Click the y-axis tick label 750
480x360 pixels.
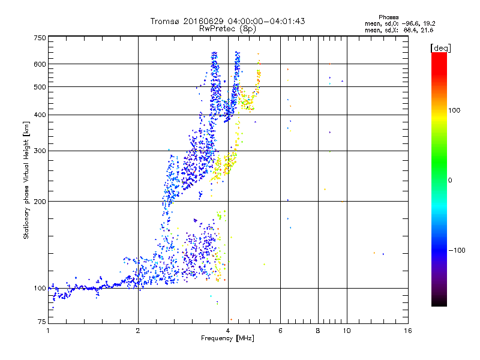(40, 38)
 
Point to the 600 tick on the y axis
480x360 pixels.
(40, 64)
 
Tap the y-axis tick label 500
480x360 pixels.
(40, 87)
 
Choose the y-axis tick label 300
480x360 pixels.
(40, 151)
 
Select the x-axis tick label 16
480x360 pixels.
(407, 331)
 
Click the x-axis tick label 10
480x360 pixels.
(346, 331)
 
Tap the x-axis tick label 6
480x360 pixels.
(280, 331)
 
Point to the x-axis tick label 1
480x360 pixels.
(48, 331)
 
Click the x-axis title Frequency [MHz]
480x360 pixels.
(228, 338)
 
